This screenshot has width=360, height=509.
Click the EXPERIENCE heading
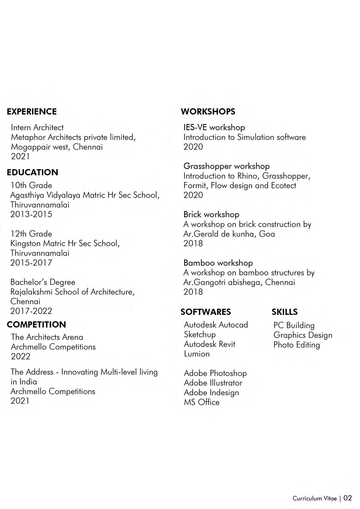coord(32,112)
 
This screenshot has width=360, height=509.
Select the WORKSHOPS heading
coord(208,112)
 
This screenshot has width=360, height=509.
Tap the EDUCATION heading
coord(32,172)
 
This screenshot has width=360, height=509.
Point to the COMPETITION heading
coord(36,325)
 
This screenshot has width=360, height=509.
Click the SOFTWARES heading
coord(205,312)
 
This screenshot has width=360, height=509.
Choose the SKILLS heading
coord(284,312)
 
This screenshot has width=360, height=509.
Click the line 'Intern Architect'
coord(37,127)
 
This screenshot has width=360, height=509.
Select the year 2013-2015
coord(31,214)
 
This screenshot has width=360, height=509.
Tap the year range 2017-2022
coord(31,311)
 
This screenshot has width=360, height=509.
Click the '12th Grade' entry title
coord(31,234)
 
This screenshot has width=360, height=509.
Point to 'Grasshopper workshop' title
coord(226,166)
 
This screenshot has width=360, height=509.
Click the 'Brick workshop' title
coord(211,214)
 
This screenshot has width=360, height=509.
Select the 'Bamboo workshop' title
coord(218,263)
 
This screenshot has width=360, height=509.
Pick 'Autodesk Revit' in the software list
coord(209,344)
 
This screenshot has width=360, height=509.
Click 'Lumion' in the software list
coord(197,354)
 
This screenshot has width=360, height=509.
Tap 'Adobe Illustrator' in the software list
coord(213,383)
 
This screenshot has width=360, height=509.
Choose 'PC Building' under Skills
coord(294,325)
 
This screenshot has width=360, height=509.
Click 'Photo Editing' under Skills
coord(297,345)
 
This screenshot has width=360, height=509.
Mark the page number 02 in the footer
coord(348,498)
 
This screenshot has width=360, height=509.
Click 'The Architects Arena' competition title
coord(47,337)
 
